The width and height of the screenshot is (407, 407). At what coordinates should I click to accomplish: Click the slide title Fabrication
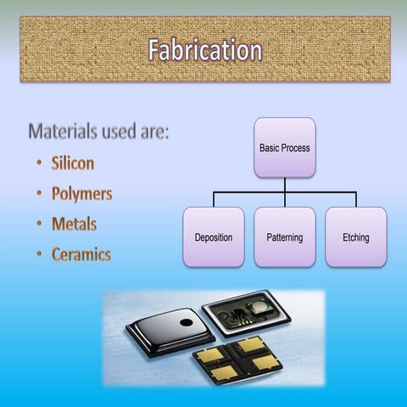(x=204, y=50)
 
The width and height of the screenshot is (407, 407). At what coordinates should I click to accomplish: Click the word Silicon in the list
(x=72, y=163)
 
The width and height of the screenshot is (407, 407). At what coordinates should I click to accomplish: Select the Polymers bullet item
(x=81, y=194)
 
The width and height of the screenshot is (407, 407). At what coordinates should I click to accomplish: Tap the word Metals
(x=74, y=225)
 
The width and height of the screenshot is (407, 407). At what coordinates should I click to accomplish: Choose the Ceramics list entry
(x=81, y=255)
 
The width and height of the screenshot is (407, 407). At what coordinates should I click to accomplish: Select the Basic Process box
(x=284, y=148)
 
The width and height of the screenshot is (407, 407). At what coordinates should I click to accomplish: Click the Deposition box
(x=213, y=237)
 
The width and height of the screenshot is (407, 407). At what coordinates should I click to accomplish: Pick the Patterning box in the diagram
(x=284, y=237)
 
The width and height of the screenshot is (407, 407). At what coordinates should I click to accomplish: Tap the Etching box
(x=355, y=237)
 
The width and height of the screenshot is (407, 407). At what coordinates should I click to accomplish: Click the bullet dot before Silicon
(x=40, y=164)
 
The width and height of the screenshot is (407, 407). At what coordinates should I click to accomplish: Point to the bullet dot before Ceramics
(x=40, y=255)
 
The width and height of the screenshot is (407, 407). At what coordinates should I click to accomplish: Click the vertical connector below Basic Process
(x=284, y=185)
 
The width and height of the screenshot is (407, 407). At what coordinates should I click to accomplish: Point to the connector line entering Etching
(x=355, y=200)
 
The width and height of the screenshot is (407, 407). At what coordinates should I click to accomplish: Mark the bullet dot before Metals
(x=40, y=225)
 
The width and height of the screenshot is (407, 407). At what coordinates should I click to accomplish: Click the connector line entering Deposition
(x=213, y=200)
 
